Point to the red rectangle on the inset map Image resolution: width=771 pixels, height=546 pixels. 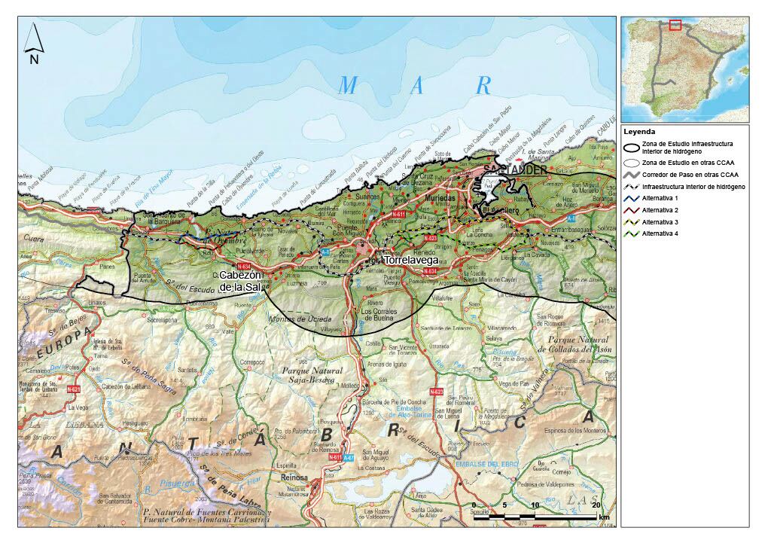(675, 25)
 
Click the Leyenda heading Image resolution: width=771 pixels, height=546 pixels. (640, 131)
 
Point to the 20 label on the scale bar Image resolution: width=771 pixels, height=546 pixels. (597, 505)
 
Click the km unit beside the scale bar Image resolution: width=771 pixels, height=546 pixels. (604, 518)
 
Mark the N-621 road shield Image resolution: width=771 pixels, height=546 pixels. (74, 389)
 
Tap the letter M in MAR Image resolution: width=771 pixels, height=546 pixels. (347, 86)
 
